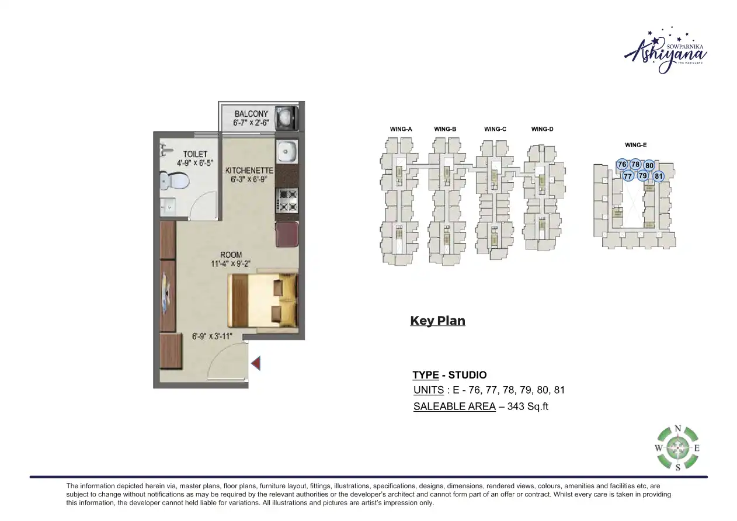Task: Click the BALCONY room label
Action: click(251, 113)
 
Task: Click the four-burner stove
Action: click(286, 199)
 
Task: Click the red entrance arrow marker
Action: click(255, 364)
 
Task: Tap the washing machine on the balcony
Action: click(286, 117)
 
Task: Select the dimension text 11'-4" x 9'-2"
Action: click(231, 263)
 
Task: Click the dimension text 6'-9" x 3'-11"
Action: click(213, 336)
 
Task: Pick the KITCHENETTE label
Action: click(249, 171)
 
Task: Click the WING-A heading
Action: click(401, 129)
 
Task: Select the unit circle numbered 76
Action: click(622, 165)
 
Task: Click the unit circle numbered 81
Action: click(659, 176)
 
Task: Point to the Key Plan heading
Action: click(437, 321)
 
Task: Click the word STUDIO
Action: click(467, 375)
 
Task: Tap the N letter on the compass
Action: click(677, 428)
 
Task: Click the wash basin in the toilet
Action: click(167, 206)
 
